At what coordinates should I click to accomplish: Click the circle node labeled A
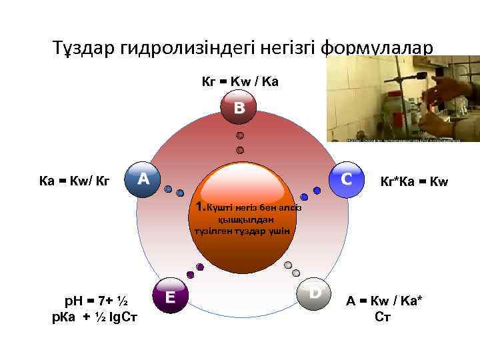click(143, 179)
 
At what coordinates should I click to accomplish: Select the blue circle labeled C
click(347, 179)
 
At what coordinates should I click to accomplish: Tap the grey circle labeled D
click(315, 293)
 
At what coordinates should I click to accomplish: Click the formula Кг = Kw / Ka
click(240, 82)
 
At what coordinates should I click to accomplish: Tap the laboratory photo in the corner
click(403, 99)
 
